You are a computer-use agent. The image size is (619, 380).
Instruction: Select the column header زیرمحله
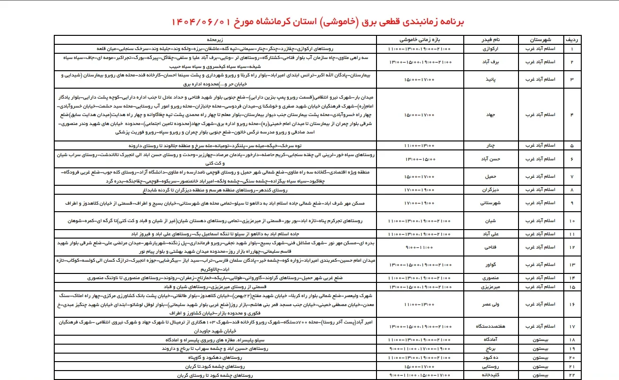(x=222, y=40)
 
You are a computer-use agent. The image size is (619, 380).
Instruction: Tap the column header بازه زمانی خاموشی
(x=419, y=40)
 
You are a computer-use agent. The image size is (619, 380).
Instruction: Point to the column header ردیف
(x=572, y=40)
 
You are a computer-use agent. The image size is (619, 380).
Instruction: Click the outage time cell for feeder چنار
(x=419, y=146)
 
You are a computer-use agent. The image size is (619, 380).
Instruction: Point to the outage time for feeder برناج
(x=419, y=349)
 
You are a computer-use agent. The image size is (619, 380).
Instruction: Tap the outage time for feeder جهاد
(x=419, y=115)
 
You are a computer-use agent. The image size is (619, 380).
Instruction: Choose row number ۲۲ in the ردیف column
(x=572, y=375)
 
